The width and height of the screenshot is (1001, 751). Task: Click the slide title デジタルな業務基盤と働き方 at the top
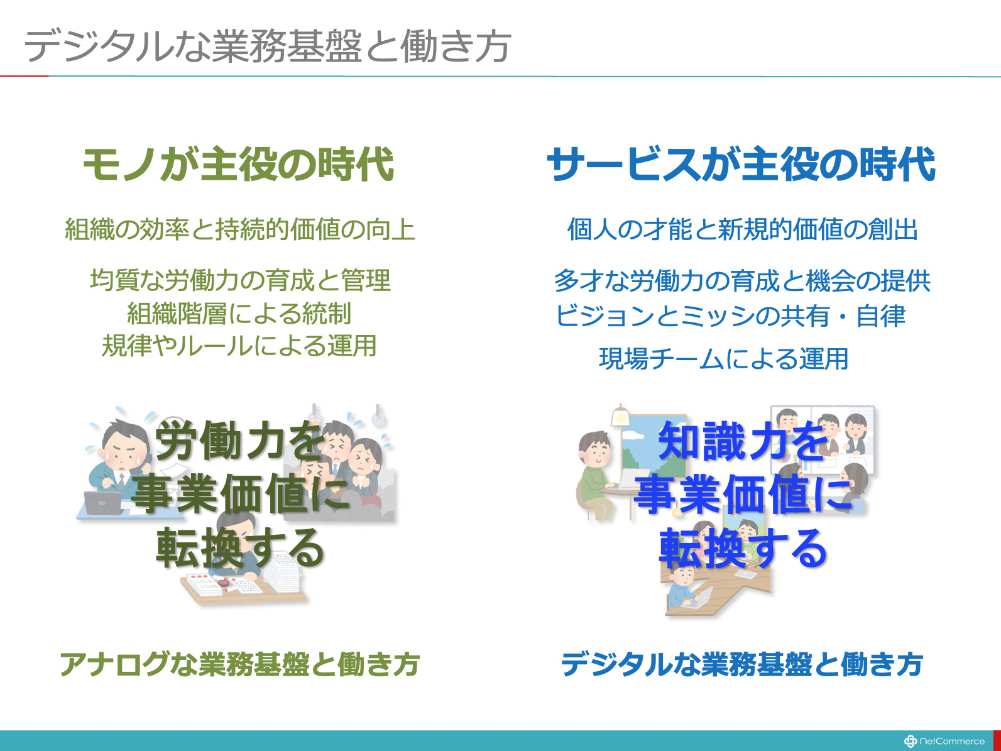[x=267, y=47]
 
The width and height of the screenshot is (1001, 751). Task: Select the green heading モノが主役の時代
[x=238, y=164]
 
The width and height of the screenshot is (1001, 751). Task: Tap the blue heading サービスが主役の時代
[x=741, y=164]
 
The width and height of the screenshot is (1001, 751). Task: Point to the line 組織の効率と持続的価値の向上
[x=240, y=229]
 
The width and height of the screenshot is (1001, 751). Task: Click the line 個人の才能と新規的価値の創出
[x=743, y=229]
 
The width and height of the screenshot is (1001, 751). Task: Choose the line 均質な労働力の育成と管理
[x=240, y=280]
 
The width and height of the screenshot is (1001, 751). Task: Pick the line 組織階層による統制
[x=239, y=313]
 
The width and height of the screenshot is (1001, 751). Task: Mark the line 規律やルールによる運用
[x=239, y=346]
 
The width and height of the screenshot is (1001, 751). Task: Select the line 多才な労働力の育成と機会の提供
[x=742, y=280]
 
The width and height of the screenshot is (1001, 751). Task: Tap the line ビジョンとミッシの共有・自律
[x=730, y=315]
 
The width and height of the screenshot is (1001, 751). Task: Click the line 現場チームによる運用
[x=723, y=359]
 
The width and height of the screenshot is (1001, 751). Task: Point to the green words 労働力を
[x=240, y=441]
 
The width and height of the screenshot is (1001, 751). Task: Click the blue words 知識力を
[x=743, y=441]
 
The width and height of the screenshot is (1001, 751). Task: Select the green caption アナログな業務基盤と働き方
[x=240, y=664]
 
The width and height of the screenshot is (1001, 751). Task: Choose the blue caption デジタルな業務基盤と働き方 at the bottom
[x=742, y=664]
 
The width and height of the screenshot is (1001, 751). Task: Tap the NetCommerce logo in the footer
[x=944, y=741]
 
